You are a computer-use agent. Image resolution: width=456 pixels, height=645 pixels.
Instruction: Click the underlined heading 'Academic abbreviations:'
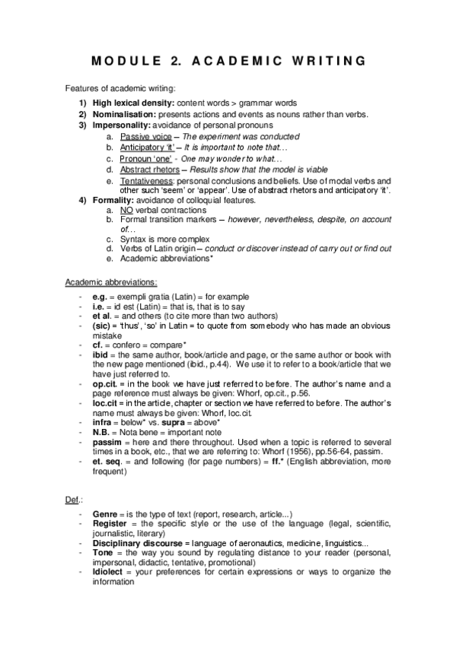(x=111, y=282)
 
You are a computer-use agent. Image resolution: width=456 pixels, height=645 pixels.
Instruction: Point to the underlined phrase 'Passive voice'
(x=145, y=135)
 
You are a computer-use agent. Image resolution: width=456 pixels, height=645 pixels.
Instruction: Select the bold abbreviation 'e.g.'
(x=99, y=296)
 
